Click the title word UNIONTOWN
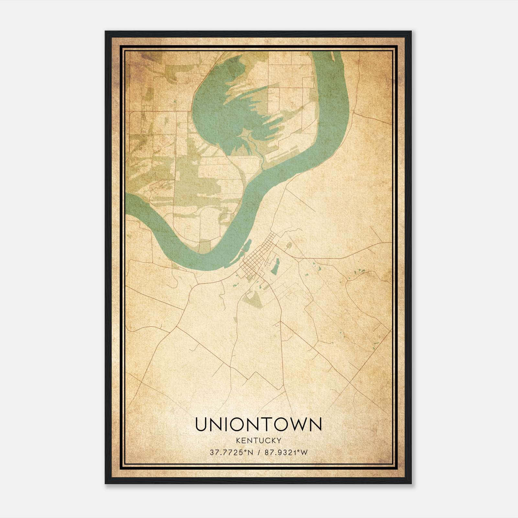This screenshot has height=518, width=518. pyautogui.click(x=258, y=424)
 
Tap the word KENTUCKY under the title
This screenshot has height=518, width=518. pyautogui.click(x=258, y=440)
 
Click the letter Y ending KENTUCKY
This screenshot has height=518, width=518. pyautogui.click(x=279, y=440)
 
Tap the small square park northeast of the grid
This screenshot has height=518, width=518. pyautogui.click(x=289, y=245)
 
